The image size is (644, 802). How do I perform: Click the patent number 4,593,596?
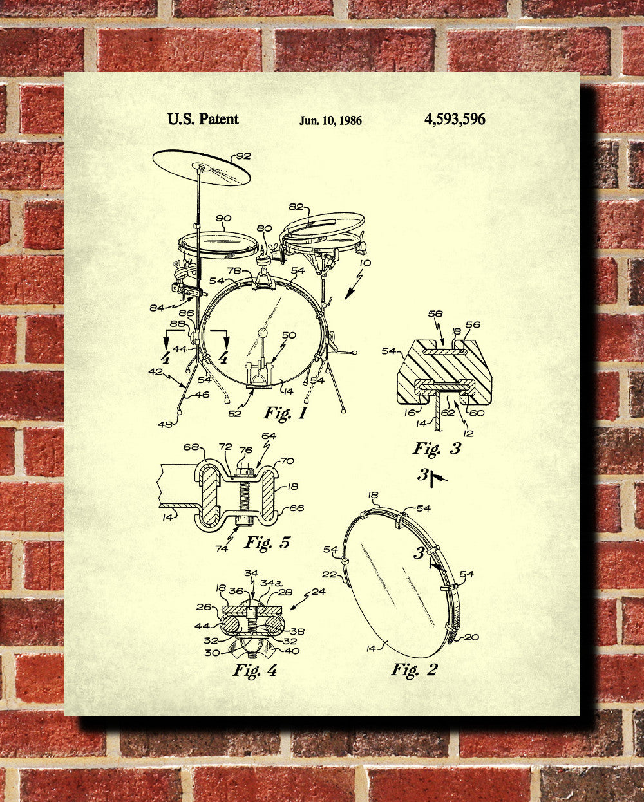455,119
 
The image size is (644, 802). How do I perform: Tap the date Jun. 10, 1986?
330,120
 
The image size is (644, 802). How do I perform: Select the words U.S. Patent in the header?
203,119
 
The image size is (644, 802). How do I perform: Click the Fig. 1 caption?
285,413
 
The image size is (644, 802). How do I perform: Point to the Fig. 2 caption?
414,669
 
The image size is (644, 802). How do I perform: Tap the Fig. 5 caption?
267,542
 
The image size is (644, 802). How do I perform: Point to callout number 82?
296,207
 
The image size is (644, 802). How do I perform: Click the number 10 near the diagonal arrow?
365,263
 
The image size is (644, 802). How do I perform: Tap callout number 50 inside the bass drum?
289,335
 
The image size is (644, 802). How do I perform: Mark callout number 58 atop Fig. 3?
435,314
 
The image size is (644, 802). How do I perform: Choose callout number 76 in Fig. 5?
245,450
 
